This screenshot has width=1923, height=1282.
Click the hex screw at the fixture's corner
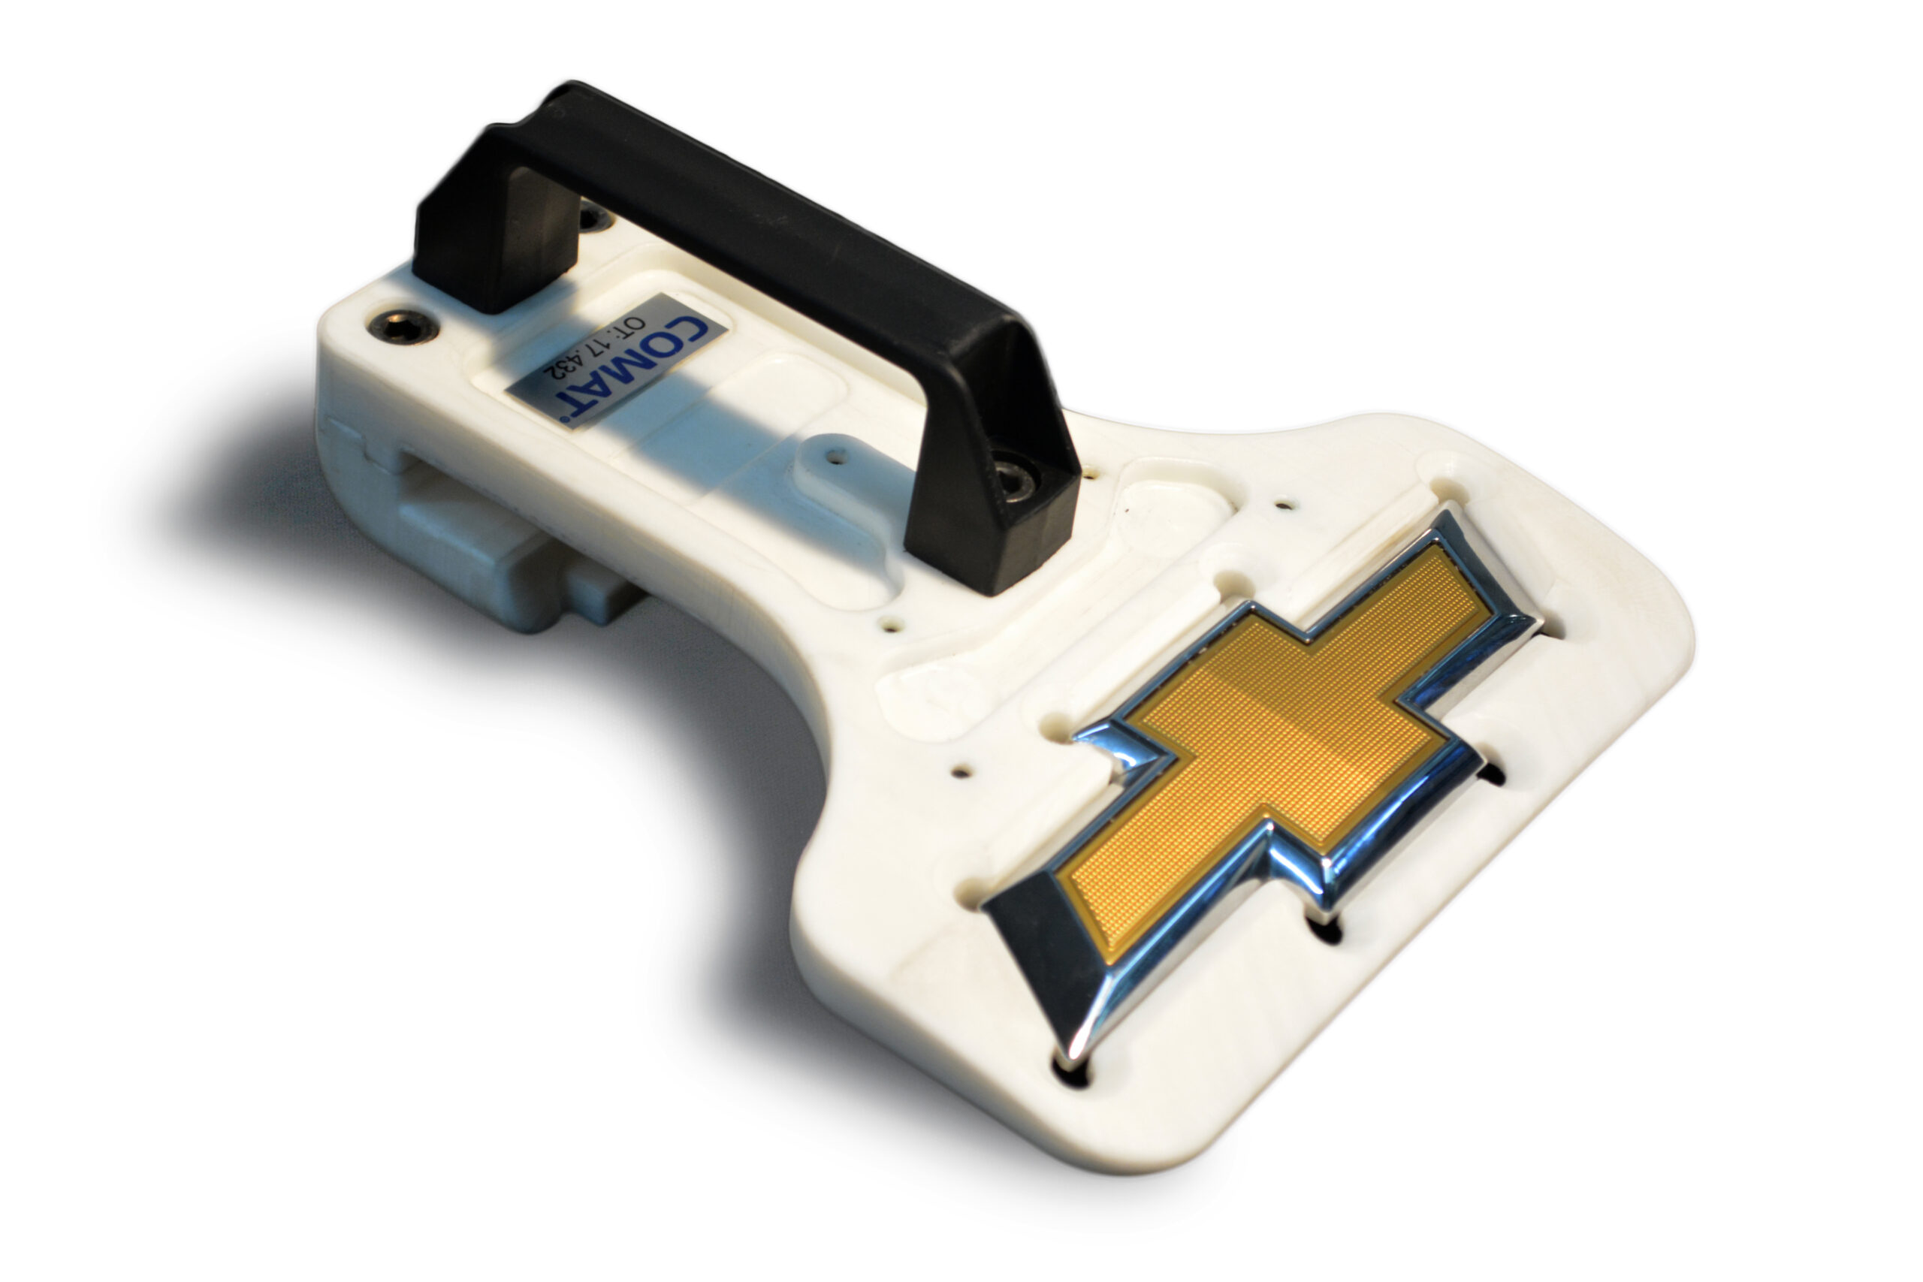click(403, 324)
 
